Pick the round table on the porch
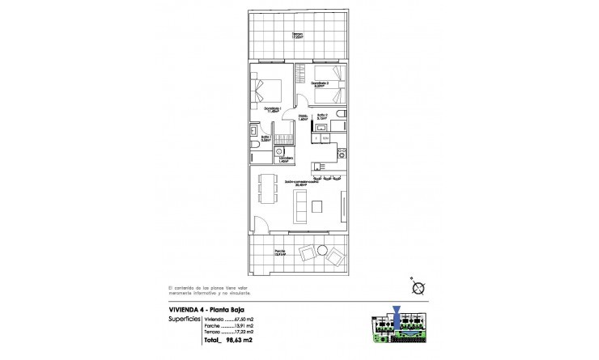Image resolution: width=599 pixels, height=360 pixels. tap(321, 250)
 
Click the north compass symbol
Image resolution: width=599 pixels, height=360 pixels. tap(418, 287)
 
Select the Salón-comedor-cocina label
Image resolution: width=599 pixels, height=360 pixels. tap(300, 183)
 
